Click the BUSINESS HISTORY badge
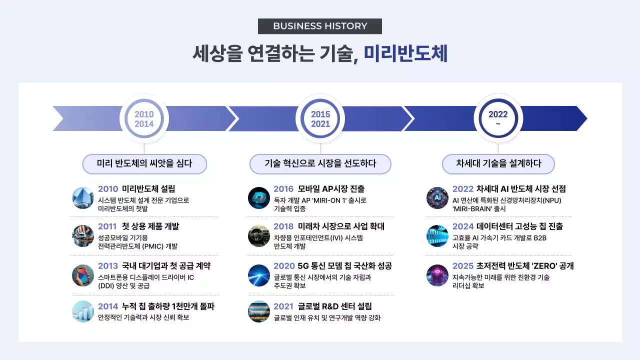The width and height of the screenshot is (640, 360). tap(320, 26)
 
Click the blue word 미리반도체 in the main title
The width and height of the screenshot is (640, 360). tap(405, 53)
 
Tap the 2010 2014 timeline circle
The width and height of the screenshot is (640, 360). tap(144, 119)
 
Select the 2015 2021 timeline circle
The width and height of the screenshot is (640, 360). tap(320, 119)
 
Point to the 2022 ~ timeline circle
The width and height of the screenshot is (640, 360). tap(498, 119)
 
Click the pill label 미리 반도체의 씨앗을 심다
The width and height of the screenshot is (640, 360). tap(144, 163)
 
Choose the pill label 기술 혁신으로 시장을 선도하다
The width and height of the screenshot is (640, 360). tap(320, 163)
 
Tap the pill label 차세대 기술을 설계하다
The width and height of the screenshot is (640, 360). tap(498, 163)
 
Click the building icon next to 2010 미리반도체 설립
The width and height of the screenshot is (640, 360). tap(83, 198)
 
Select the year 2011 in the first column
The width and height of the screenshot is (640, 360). tap(108, 226)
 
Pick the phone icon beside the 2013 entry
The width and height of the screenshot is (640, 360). tap(83, 275)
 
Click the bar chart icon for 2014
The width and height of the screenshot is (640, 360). tap(83, 311)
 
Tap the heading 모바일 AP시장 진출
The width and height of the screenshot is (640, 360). tap(331, 189)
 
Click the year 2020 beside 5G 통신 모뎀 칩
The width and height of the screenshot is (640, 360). tap(283, 266)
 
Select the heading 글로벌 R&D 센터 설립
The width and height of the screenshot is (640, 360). tap(334, 306)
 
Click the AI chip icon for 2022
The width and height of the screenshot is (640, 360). tap(437, 198)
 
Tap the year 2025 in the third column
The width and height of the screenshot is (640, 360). tap(463, 266)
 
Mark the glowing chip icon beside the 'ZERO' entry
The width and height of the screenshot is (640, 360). tap(437, 275)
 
